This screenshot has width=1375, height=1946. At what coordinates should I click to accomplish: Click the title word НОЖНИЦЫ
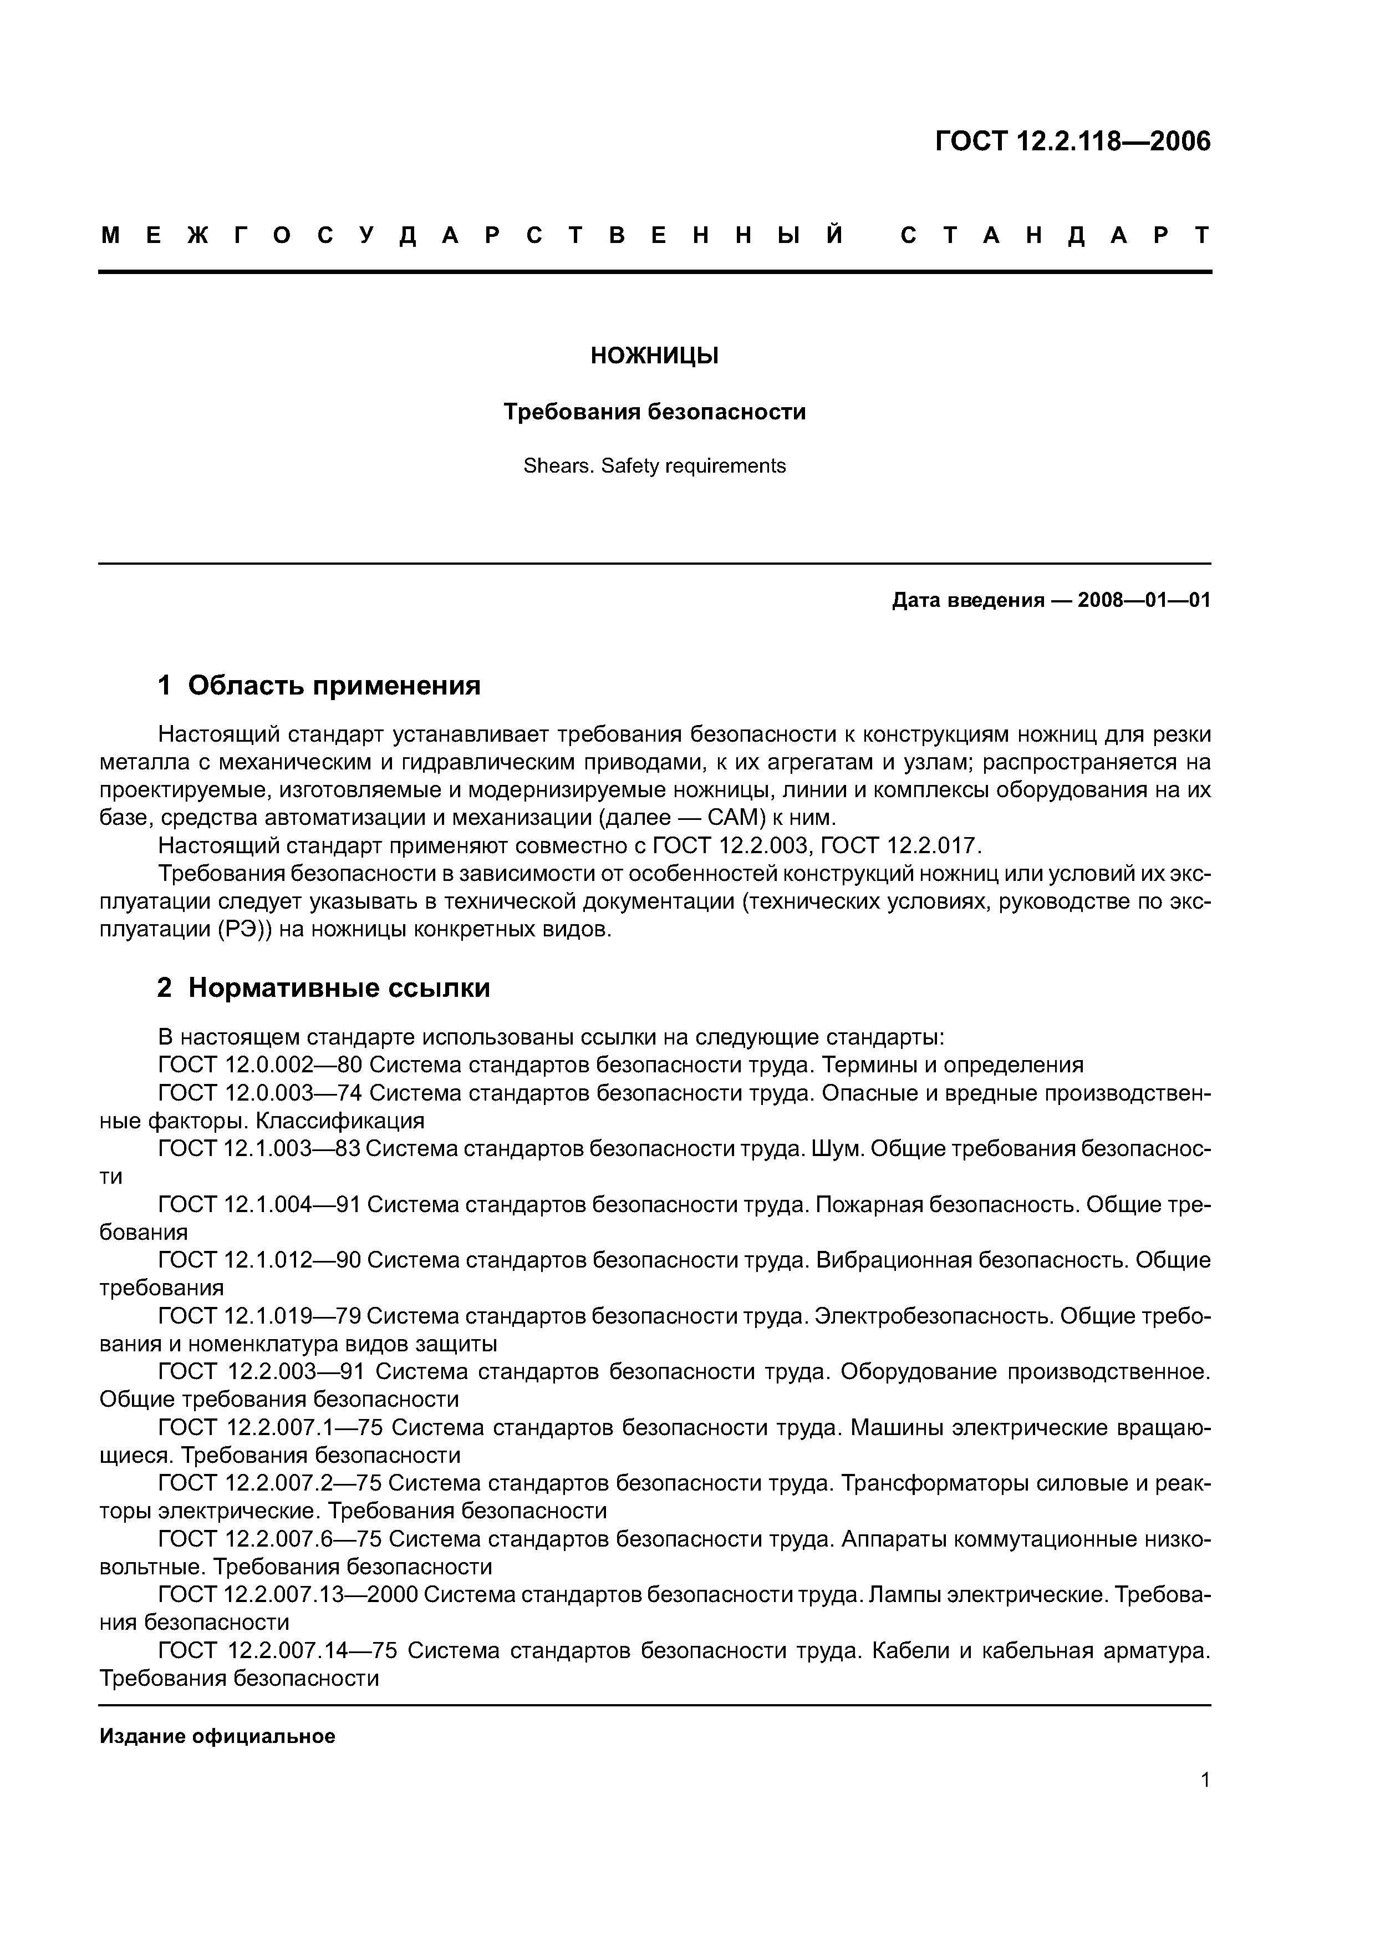click(654, 356)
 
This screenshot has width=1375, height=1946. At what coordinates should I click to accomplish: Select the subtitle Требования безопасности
click(654, 412)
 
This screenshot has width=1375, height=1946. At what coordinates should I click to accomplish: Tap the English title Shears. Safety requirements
click(654, 466)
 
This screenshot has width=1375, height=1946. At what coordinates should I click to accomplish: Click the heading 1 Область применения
click(319, 685)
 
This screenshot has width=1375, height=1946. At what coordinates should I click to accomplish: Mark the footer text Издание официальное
click(218, 1737)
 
